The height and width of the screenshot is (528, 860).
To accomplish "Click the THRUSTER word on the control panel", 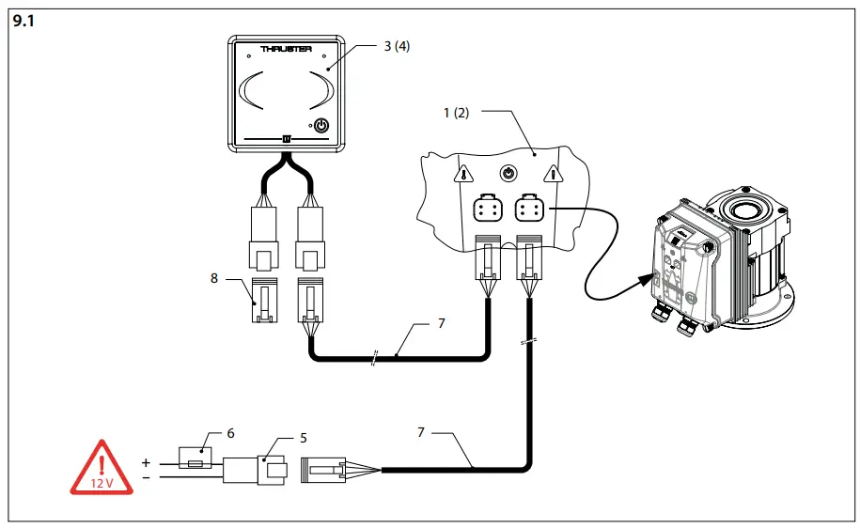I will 286,48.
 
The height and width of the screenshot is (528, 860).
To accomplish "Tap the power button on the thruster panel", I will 321,126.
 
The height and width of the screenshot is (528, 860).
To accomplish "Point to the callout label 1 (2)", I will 456,113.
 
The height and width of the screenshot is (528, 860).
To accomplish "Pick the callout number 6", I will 230,433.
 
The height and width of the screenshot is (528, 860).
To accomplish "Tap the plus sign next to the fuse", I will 146,463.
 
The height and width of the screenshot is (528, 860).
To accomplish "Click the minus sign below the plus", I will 146,477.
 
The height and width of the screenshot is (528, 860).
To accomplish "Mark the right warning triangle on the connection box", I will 555,173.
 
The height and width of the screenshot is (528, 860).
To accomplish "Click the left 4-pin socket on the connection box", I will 489,209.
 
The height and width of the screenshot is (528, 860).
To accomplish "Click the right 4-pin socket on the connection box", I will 528,209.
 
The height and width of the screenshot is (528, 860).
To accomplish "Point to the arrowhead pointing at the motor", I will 644,278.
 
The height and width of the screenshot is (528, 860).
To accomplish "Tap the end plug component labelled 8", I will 263,301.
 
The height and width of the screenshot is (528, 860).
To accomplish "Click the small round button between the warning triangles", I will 508,173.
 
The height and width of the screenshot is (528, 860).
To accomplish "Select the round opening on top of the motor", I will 748,203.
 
